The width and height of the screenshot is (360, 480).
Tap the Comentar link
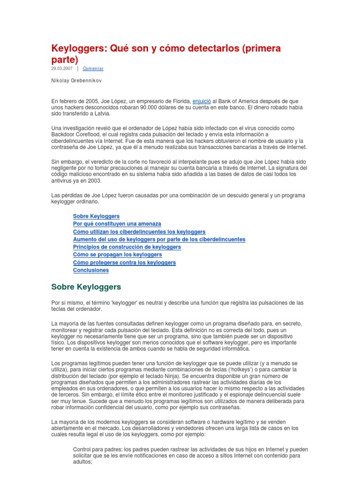93,68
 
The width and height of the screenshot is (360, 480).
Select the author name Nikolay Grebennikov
76,81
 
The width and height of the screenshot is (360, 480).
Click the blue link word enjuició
202,101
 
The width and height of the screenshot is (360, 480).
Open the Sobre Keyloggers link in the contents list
96,216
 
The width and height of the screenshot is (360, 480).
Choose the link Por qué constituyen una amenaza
117,224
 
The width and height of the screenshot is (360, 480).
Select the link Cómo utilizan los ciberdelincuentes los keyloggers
139,232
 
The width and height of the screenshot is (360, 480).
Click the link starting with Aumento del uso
159,239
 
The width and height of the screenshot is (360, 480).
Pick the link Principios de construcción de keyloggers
127,247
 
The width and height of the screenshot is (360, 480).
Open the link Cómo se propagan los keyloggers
118,255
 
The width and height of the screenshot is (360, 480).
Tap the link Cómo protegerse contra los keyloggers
124,262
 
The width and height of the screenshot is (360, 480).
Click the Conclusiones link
91,270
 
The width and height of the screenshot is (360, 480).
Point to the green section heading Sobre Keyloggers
86,286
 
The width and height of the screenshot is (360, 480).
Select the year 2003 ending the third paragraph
94,181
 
